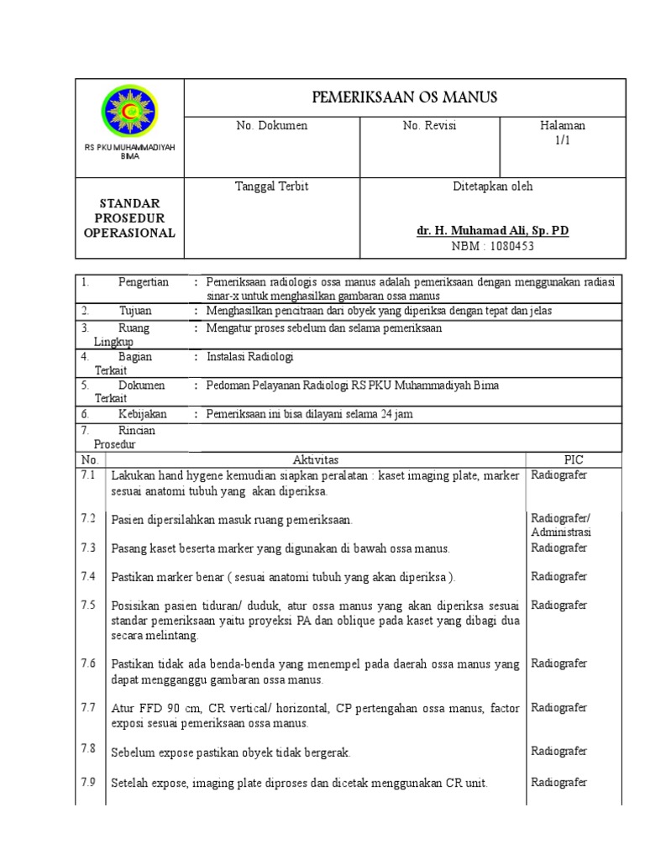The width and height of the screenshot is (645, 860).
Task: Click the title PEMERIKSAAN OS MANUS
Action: click(x=405, y=97)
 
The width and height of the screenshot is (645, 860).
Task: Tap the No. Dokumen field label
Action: click(x=272, y=126)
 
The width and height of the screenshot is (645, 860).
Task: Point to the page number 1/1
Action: click(x=562, y=140)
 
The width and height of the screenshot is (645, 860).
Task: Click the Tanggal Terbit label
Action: click(x=271, y=186)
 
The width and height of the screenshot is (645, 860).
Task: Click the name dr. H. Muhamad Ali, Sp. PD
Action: click(x=492, y=230)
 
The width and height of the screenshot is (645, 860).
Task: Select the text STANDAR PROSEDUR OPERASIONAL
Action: click(x=129, y=218)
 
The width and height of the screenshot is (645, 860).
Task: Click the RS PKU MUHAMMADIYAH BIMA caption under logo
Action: click(x=129, y=152)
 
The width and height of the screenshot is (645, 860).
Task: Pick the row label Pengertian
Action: click(x=143, y=283)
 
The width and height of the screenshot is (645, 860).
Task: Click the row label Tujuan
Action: click(x=135, y=311)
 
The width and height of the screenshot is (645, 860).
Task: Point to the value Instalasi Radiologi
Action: click(x=250, y=357)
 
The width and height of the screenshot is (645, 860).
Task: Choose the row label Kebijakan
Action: click(x=142, y=414)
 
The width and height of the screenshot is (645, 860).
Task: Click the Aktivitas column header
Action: click(x=315, y=460)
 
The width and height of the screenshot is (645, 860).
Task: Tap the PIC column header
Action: click(x=574, y=460)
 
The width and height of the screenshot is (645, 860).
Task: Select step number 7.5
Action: click(x=88, y=605)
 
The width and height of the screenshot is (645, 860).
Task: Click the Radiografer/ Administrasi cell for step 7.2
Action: click(x=561, y=525)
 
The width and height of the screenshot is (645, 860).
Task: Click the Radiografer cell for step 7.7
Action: click(x=558, y=707)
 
